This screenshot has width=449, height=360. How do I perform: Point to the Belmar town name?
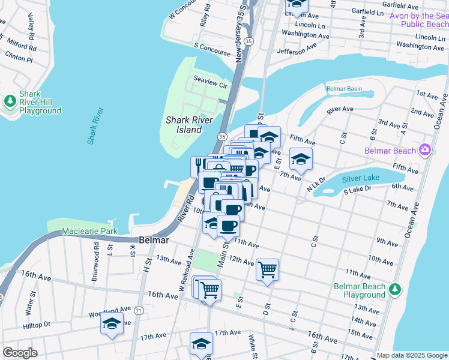coord(153,239)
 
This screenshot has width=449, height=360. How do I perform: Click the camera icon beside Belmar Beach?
coord(426,149)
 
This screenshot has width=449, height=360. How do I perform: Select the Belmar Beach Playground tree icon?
coord(395,290)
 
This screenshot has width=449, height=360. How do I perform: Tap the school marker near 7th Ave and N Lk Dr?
coord(301,159)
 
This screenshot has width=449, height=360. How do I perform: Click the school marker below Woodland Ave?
coord(112,323)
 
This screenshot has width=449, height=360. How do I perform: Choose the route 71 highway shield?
coord(139,310)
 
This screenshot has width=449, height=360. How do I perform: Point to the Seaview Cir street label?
coord(210,85)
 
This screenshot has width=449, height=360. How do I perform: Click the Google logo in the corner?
coord(20,353)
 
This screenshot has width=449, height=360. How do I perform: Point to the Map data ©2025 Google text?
coord(411,355)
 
